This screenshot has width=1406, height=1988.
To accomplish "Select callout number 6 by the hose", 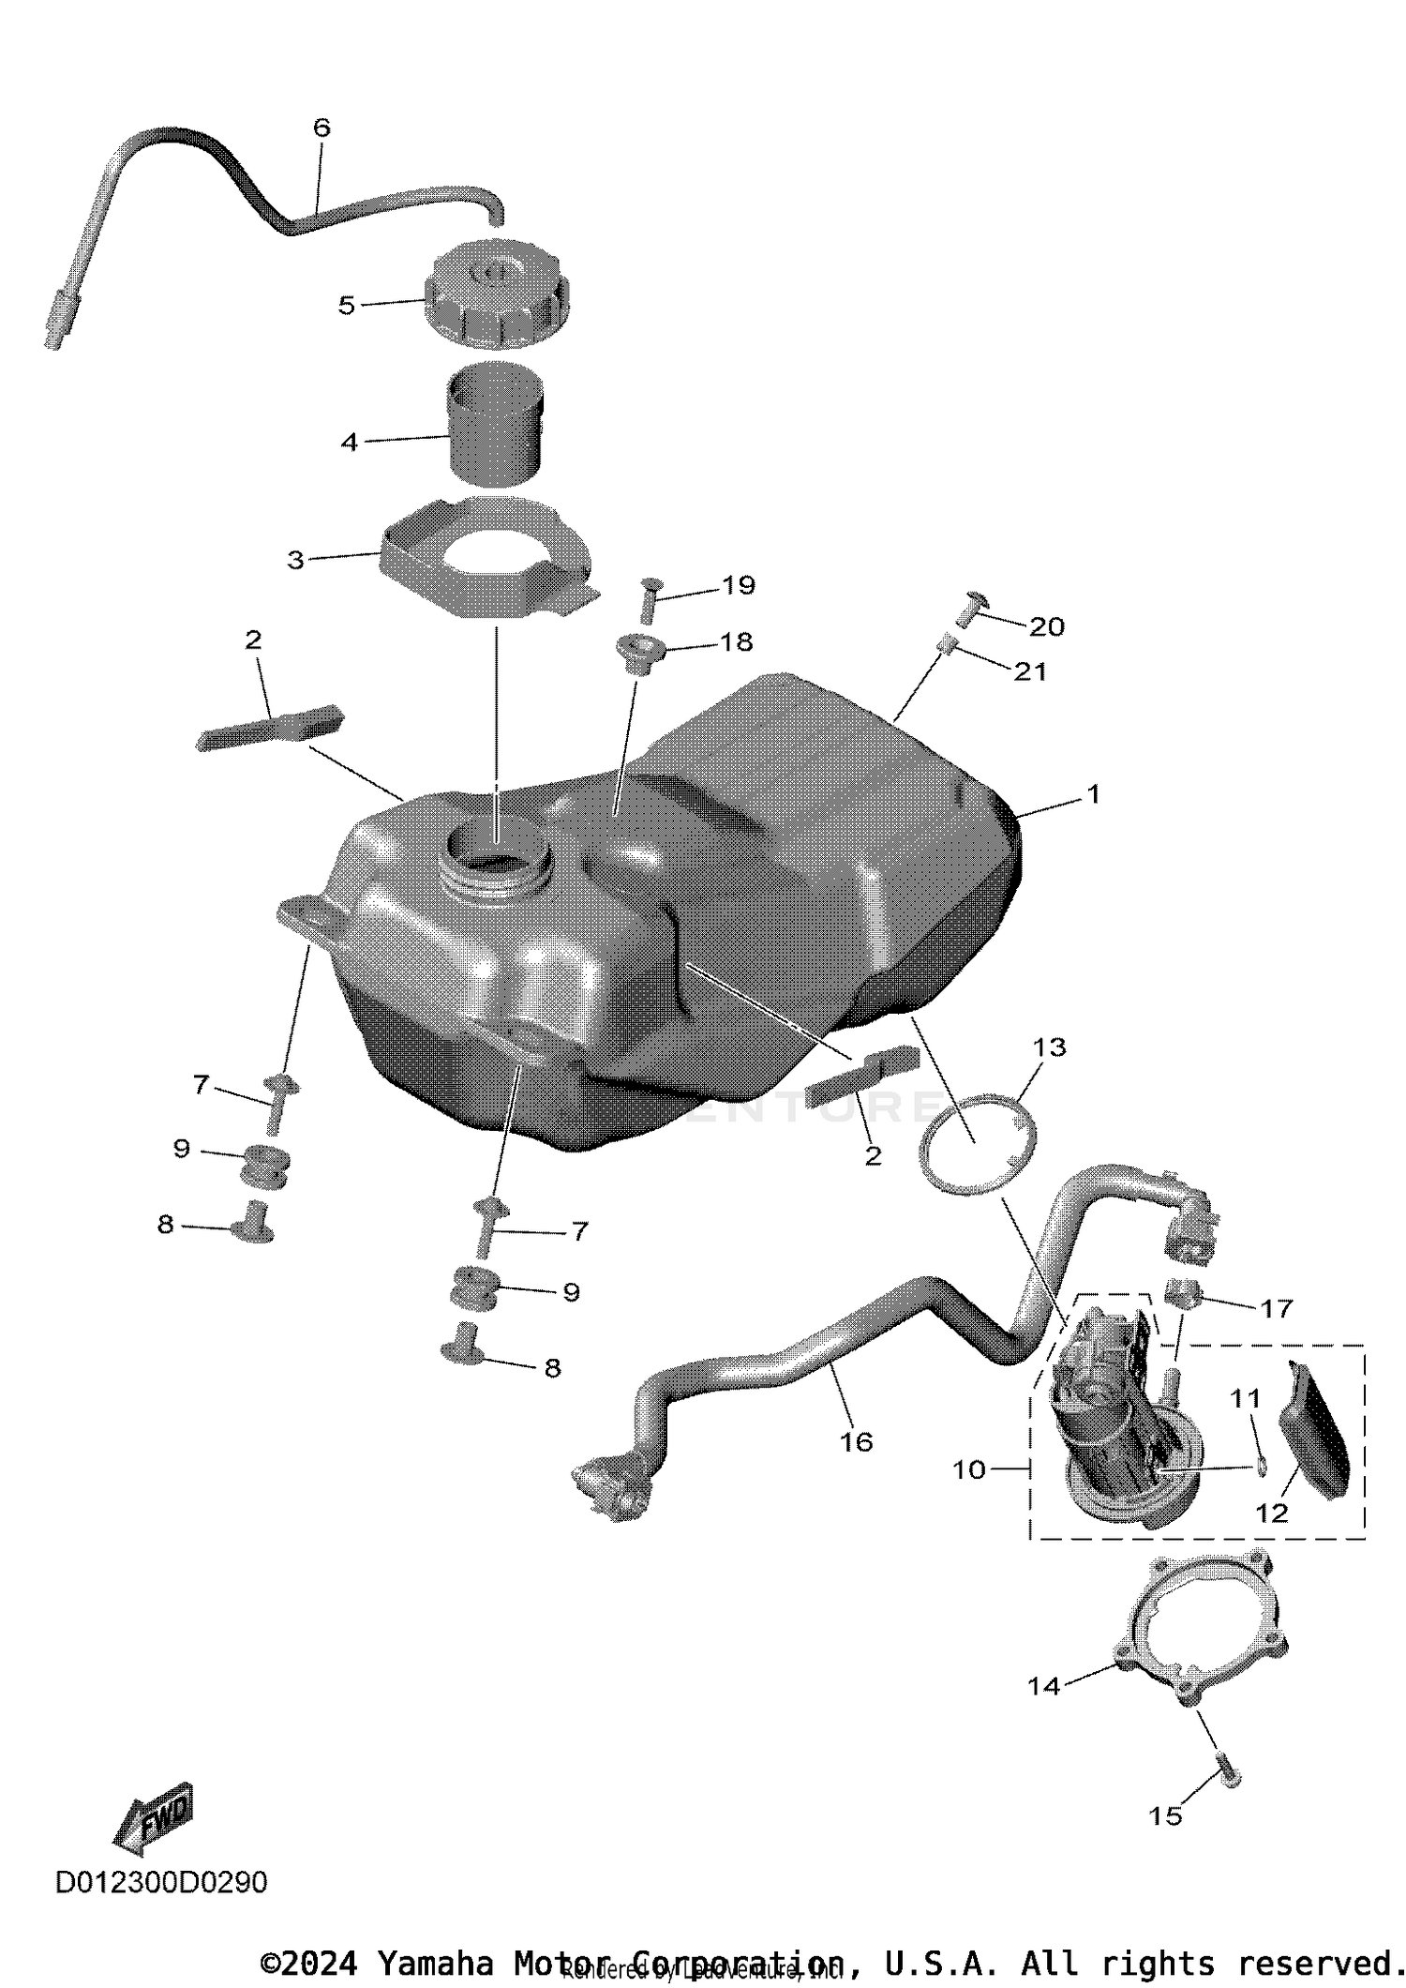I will [x=322, y=128].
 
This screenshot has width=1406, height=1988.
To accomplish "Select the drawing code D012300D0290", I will [x=161, y=1882].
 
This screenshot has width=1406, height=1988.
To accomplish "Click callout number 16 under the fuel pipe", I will [x=856, y=1441].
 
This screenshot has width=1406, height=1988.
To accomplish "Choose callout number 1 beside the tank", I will [x=1092, y=794].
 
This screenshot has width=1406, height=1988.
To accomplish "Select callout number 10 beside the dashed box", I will [x=969, y=1469].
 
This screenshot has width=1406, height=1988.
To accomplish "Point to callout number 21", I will [x=1030, y=671].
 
